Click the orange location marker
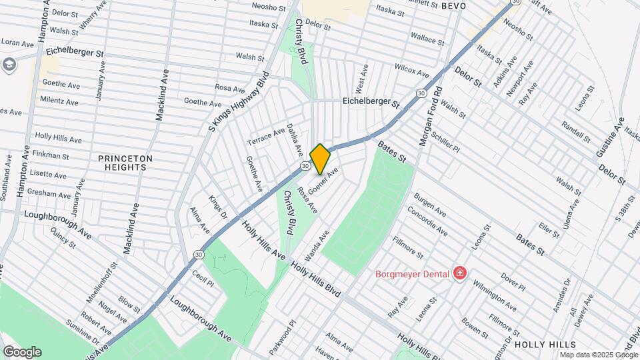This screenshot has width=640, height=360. [x=320, y=159]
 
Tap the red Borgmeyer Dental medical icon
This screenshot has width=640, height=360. [x=459, y=273]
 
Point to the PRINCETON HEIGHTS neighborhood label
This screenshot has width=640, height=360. [x=125, y=163]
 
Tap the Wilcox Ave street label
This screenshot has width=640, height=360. [x=411, y=69]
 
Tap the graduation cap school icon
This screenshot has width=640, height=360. [x=9, y=64]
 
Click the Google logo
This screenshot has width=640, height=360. [x=22, y=352]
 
